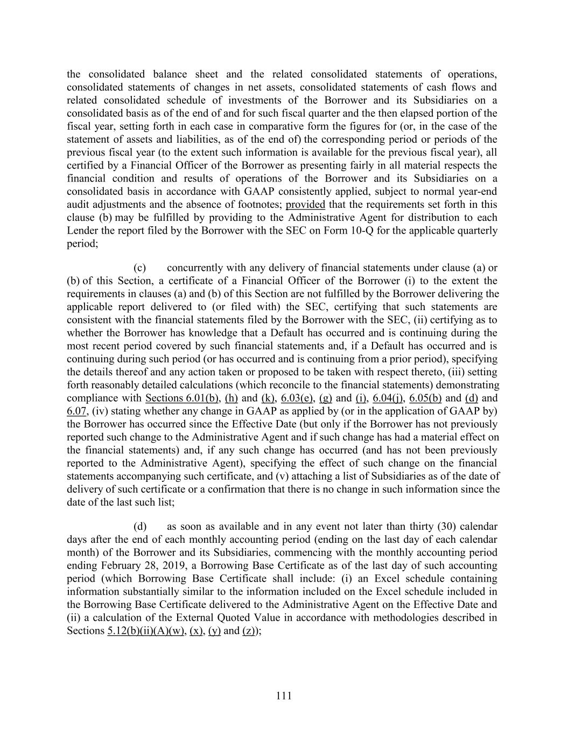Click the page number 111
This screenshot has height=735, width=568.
(284, 696)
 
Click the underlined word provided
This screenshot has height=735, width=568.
(305, 205)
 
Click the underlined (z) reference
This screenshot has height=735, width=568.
(249, 631)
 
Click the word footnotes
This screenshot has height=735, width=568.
(260, 205)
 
